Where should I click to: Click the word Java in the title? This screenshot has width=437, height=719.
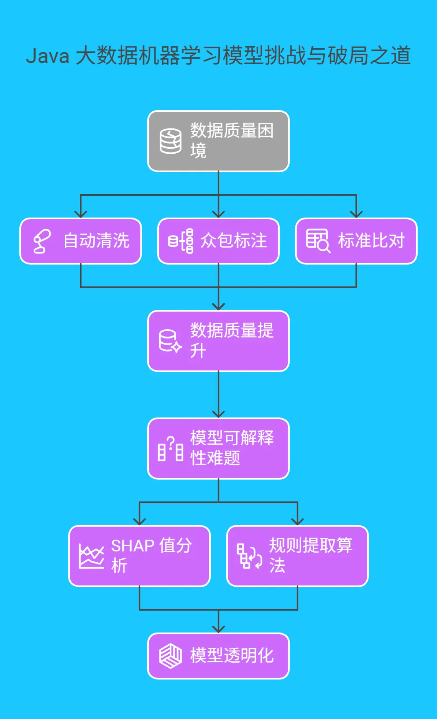(x=47, y=56)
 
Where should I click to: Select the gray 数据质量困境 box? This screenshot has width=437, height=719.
(x=218, y=141)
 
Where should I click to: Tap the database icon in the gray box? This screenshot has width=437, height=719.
(x=171, y=141)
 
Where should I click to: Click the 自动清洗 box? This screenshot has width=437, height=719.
(x=81, y=241)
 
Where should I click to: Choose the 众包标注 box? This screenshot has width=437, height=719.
(x=218, y=241)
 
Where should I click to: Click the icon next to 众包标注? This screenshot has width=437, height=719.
(x=181, y=241)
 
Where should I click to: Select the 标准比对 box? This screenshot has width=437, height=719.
(x=356, y=241)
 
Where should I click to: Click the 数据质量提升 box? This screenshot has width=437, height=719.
(x=218, y=341)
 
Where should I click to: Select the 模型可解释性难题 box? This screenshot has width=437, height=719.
(x=218, y=449)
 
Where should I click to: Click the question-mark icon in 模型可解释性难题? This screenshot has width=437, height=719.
(x=171, y=449)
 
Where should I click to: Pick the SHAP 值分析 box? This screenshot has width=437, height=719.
(x=140, y=556)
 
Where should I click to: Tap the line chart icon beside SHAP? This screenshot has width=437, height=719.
(x=92, y=556)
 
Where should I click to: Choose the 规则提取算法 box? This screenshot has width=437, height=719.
(x=297, y=556)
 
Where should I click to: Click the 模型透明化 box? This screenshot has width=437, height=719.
(x=218, y=656)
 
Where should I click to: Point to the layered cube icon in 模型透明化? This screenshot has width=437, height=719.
(x=171, y=656)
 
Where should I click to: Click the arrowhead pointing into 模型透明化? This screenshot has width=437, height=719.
(x=218, y=629)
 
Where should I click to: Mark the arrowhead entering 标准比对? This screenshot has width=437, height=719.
(x=356, y=214)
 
